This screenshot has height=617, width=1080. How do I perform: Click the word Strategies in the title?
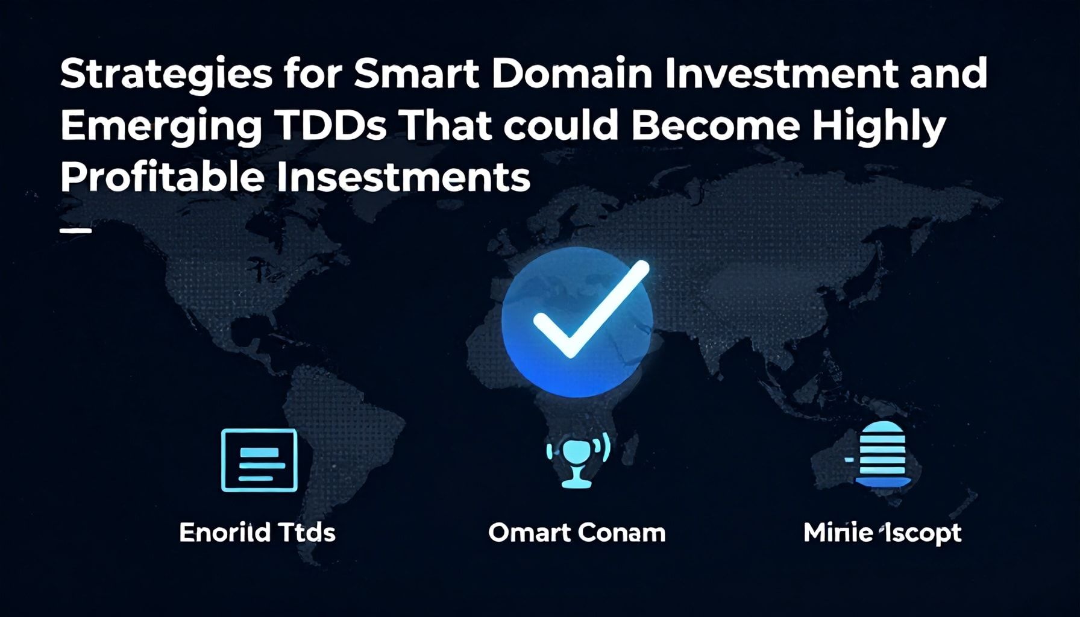(x=166, y=75)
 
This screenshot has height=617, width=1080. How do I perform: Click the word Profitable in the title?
(x=162, y=178)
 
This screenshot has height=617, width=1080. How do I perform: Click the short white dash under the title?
(x=76, y=231)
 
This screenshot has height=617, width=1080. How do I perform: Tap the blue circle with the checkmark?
(x=577, y=322)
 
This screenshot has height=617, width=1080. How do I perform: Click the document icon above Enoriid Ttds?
(x=259, y=460)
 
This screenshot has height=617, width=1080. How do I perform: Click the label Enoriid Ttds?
(x=257, y=533)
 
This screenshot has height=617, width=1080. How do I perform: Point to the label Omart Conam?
(x=577, y=533)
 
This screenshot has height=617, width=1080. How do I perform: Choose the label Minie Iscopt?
(x=882, y=533)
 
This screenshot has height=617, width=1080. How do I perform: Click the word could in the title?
(x=561, y=126)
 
